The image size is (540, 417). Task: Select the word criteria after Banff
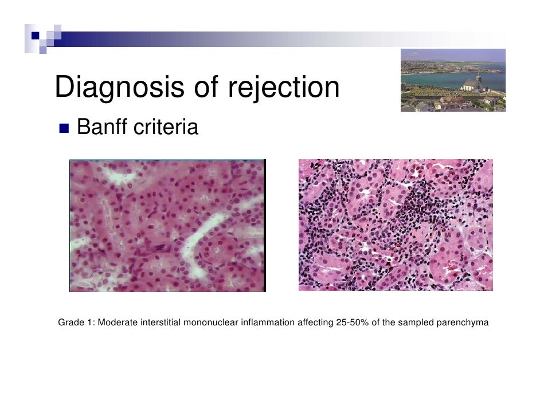pyautogui.click(x=166, y=127)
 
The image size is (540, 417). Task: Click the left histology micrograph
pyautogui.click(x=167, y=226)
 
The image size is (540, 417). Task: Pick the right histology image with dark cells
pyautogui.click(x=396, y=225)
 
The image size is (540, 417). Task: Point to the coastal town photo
pyautogui.click(x=453, y=80)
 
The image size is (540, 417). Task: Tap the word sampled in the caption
pyautogui.click(x=416, y=322)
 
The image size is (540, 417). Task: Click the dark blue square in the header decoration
pyautogui.click(x=36, y=36)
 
